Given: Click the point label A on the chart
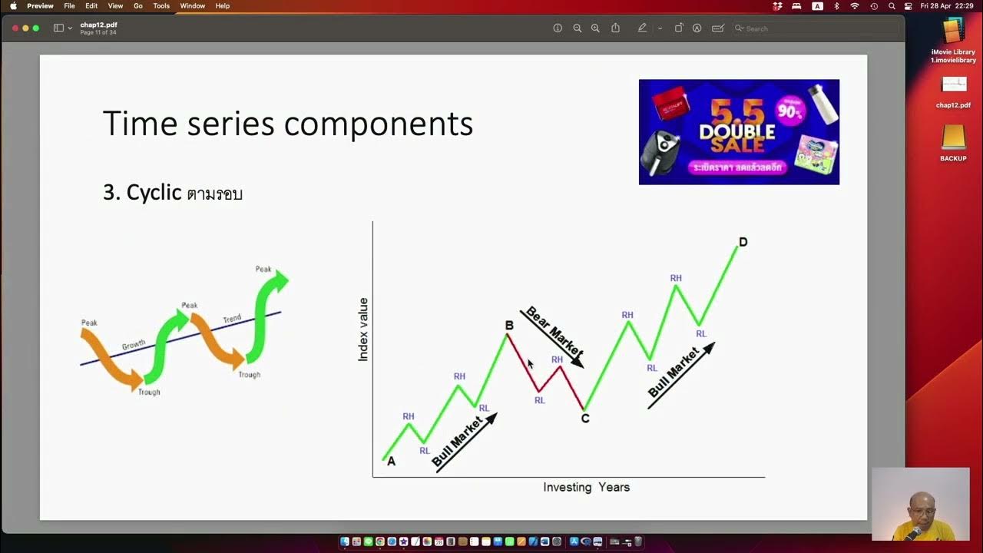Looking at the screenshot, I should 391,462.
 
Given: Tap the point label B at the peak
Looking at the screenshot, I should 508,326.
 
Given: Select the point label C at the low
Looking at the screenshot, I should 585,419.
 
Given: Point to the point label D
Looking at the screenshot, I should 743,243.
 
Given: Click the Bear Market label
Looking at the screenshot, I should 552,336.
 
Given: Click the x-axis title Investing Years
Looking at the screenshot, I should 586,487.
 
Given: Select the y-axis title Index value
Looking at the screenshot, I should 363,329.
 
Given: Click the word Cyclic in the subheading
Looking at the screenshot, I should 154,192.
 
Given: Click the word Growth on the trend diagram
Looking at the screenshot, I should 134,346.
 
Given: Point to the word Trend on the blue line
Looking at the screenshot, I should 232,318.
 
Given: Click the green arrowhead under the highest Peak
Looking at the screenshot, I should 280,281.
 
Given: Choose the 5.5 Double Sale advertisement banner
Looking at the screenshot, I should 739,132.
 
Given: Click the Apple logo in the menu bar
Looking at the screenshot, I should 13,6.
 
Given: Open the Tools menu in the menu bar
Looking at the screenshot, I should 161,6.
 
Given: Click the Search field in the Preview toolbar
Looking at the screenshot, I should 814,28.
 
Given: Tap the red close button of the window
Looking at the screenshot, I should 15,28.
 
